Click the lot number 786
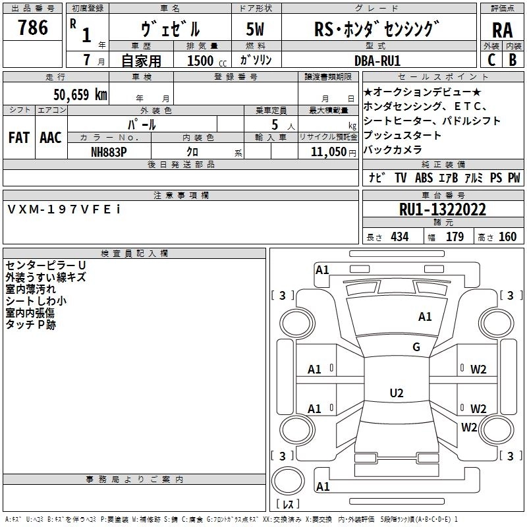pos(33,28)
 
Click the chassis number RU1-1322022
pos(443,209)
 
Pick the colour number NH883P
pos(109,150)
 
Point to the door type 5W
pos(256,30)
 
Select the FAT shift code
pos(19,137)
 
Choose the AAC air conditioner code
pos(50,137)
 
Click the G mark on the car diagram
pos(416,347)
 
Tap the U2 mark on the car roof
pos(397,393)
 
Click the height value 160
pos(507,237)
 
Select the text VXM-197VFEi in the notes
pos(63,209)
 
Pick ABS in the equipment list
pos(424,178)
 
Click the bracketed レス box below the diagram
pos(288,504)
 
